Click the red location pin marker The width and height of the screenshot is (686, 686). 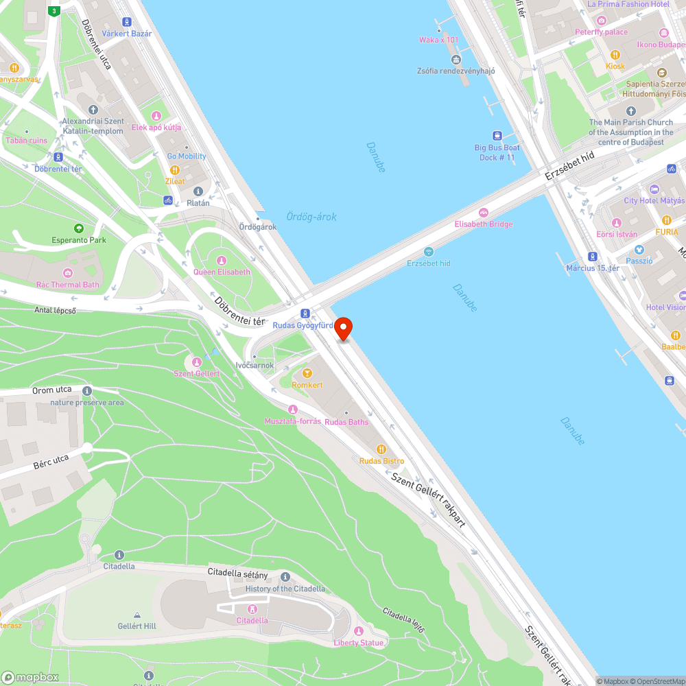(x=343, y=328)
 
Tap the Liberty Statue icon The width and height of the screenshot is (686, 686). (x=358, y=631)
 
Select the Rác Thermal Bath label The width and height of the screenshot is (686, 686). (x=68, y=285)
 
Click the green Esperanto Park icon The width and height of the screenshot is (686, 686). (x=79, y=228)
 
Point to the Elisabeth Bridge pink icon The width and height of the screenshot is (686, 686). (x=484, y=213)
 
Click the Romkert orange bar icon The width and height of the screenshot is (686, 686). (x=307, y=374)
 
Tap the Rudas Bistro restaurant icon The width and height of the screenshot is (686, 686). (x=381, y=449)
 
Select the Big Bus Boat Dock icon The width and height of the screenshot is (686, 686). (x=497, y=136)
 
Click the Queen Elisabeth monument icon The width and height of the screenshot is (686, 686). (x=222, y=261)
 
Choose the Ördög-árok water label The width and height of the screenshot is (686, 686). (x=311, y=217)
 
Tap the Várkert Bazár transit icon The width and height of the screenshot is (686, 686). (x=126, y=23)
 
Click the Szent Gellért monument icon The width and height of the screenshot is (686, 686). (x=197, y=362)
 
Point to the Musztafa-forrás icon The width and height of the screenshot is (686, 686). (x=293, y=410)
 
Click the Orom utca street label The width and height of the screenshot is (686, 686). (x=52, y=391)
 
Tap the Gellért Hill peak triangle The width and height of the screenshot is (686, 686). (x=137, y=615)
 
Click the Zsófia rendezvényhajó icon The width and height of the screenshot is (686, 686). (x=456, y=60)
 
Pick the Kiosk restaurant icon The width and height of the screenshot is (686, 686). (x=615, y=55)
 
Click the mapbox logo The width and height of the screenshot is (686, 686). (x=31, y=677)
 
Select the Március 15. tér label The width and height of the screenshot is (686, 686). (x=593, y=268)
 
